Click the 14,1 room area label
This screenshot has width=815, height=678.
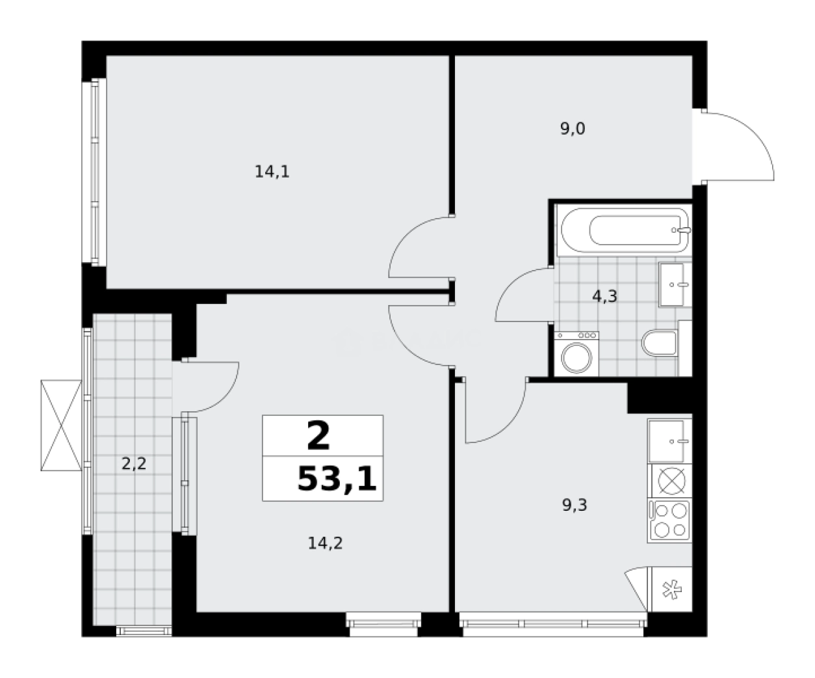272,172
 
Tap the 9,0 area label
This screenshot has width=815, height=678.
573,129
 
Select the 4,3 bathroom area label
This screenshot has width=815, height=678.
604,297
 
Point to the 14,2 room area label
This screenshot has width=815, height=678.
325,543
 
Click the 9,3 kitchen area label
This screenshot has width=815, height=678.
575,505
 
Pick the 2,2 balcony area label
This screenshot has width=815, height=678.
133,464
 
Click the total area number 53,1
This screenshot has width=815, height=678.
337,480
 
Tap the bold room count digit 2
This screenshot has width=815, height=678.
318,437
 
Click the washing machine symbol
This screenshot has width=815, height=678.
576,354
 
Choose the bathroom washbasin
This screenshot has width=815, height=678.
675,284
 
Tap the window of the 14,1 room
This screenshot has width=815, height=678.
92,172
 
